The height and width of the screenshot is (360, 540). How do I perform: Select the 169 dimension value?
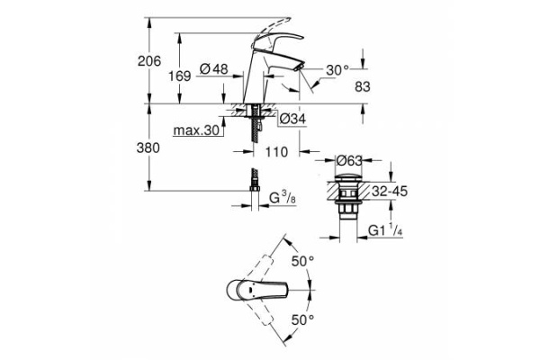(180, 76)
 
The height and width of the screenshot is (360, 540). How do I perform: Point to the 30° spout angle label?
(337, 70)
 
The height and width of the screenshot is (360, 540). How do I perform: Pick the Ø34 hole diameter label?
(293, 118)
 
